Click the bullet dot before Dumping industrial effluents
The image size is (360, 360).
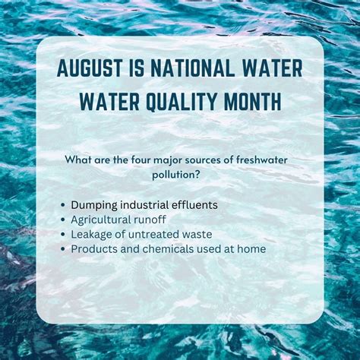(x=62, y=206)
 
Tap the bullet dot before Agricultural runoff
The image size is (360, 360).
(x=62, y=220)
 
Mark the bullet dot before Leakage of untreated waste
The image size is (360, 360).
(x=62, y=235)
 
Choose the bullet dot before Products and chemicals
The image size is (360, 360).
(x=62, y=249)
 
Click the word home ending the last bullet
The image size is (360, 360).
(x=251, y=248)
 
